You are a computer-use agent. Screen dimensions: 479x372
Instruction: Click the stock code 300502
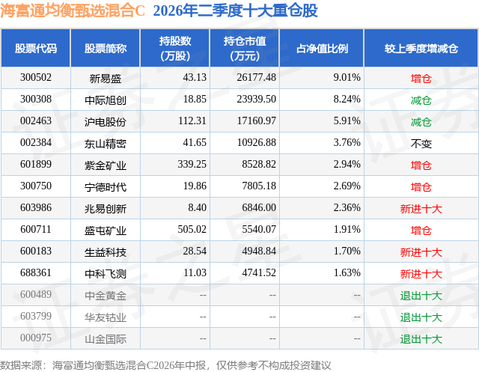36,77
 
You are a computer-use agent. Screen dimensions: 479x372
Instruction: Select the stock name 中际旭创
106,100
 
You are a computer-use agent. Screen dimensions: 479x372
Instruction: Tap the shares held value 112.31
192,121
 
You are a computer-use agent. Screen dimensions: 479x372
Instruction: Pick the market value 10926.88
256,142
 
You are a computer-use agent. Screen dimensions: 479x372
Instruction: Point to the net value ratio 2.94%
347,164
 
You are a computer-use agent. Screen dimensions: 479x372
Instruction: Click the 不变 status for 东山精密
421,143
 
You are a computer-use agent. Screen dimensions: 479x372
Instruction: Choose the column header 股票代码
36,48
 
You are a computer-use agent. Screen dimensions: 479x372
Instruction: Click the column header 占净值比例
322,48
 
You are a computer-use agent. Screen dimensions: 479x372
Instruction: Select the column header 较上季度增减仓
421,48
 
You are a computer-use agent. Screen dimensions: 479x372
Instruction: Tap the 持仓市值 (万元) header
245,48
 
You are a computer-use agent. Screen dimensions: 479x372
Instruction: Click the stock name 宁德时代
106,186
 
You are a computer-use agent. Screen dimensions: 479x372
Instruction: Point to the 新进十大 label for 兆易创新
421,209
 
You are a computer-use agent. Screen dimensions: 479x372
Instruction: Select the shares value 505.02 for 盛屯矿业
192,229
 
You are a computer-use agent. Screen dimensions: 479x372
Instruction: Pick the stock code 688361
36,272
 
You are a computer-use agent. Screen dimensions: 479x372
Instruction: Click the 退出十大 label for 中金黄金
421,296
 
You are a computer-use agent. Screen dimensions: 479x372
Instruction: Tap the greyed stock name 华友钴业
106,317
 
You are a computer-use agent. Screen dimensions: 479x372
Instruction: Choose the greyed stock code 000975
36,338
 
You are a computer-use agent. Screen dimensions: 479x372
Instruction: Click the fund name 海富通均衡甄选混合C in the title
73,10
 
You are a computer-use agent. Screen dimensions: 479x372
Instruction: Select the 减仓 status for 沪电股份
421,121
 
